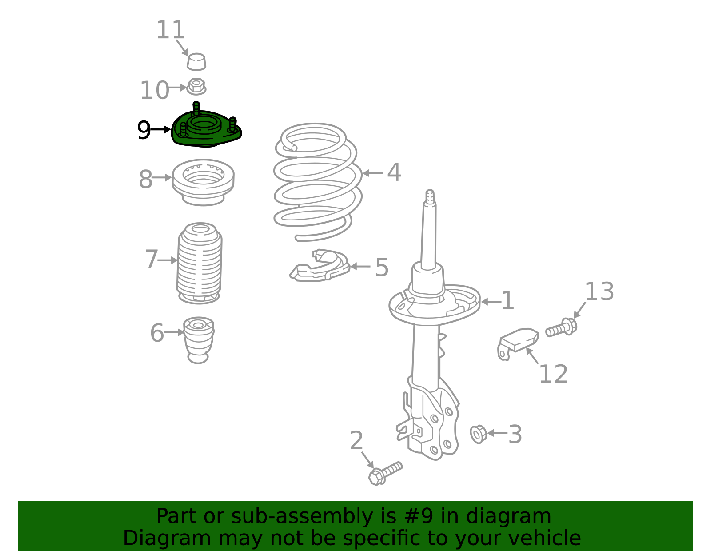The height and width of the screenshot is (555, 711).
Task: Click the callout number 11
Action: coord(171,30)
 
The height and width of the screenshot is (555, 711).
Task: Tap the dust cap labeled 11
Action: coord(196,61)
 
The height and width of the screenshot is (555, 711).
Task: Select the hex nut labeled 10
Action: coord(196,87)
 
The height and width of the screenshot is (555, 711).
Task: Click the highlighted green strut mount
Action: coord(206,128)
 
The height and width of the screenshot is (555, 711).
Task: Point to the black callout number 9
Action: coord(144,130)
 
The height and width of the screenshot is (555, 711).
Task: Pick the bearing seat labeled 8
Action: coord(203,182)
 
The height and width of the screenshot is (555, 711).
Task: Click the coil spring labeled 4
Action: coord(317,181)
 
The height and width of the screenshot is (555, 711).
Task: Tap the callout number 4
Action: coord(394,172)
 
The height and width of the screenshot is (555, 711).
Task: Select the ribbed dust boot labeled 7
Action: coord(199,263)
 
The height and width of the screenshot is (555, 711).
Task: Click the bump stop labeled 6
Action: coord(199,340)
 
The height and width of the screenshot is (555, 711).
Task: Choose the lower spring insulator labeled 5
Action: coord(320,265)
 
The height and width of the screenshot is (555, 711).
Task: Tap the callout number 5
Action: coord(382,268)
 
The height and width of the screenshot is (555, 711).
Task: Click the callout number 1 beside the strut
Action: coord(507,300)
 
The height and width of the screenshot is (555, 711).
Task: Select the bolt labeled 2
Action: coord(385,473)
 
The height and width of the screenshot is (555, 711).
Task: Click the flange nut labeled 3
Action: coord(478,434)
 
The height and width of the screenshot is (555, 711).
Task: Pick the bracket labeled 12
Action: coord(518,343)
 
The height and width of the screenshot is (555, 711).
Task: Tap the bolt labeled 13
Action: coord(562,327)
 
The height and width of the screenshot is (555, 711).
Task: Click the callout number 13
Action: coord(599,291)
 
